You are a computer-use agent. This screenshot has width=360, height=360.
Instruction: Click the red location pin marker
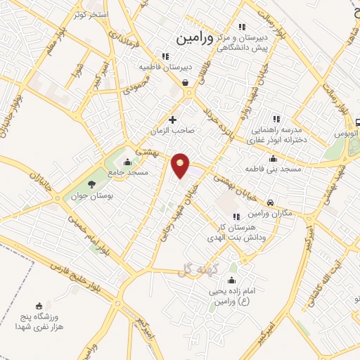click(x=181, y=165)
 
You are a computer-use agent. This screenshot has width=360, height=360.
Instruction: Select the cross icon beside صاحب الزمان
click(x=173, y=120)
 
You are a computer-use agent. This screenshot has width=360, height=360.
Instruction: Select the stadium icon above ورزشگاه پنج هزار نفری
click(x=39, y=305)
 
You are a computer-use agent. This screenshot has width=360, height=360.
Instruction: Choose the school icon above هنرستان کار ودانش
click(x=236, y=217)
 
